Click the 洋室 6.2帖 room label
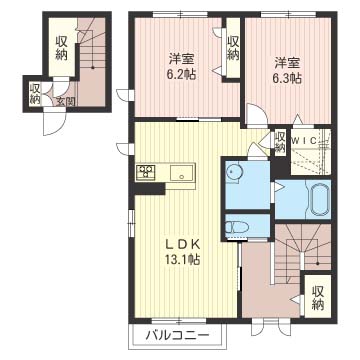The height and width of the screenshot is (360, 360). (x=181, y=66)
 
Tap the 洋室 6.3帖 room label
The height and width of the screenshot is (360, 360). (x=288, y=70)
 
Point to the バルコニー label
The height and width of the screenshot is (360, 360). (x=177, y=334)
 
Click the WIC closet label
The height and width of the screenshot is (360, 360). (x=304, y=141)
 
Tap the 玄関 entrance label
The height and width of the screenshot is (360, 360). (x=65, y=101)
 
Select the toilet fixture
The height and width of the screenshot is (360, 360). (x=237, y=228)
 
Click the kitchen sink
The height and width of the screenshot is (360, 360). (x=182, y=173)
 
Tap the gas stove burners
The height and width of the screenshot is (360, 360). (x=146, y=171)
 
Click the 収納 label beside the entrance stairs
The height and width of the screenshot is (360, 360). (x=61, y=48)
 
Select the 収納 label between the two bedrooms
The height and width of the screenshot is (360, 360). (x=233, y=48)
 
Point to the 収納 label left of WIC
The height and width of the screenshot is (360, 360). (x=280, y=142)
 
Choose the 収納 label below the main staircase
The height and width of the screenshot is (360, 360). (x=318, y=298)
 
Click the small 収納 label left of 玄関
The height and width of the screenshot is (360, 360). (x=34, y=94)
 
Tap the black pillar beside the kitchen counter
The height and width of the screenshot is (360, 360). (x=149, y=189)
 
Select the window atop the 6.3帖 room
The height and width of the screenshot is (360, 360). (x=288, y=14)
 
